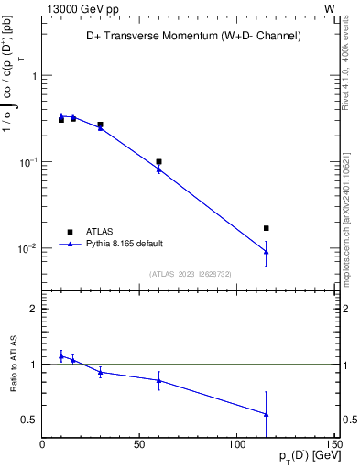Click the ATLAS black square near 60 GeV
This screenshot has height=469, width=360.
tap(158, 161)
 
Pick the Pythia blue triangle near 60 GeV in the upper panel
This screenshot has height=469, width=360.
tap(158, 169)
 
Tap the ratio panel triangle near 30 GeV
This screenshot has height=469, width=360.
tap(100, 372)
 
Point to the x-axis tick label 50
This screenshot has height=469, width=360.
tap(139, 444)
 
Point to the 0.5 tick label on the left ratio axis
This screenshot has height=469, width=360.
tap(28, 420)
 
